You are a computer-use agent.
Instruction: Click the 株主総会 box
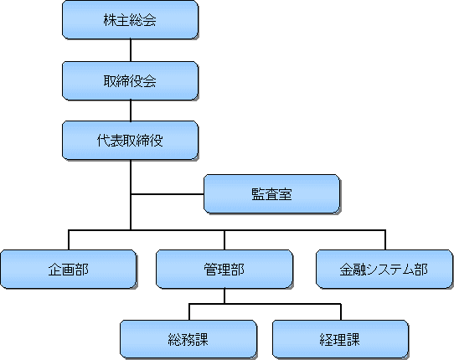[131, 20]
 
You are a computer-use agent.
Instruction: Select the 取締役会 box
[131, 80]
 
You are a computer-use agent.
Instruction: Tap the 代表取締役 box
[131, 141]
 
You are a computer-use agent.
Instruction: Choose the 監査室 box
[272, 194]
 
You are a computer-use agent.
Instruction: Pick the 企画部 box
[69, 269]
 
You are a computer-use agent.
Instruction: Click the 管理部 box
[224, 269]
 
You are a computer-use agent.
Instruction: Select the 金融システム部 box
[384, 269]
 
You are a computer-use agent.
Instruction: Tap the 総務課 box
[188, 339]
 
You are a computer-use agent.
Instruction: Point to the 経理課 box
[340, 339]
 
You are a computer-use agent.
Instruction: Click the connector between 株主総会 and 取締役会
[131, 50]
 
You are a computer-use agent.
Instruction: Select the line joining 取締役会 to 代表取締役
[131, 111]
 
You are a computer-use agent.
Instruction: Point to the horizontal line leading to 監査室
[168, 194]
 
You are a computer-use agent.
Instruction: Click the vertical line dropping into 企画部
[69, 240]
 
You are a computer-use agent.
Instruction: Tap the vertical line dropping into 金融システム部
[385, 240]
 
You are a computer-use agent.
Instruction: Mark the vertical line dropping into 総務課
[189, 312]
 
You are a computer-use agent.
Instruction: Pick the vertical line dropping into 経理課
[341, 312]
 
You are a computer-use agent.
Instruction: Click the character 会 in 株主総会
[150, 20]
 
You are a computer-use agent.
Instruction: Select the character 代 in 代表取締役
[103, 141]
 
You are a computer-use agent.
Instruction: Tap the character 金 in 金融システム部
[346, 270]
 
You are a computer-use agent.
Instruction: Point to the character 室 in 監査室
[285, 194]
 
